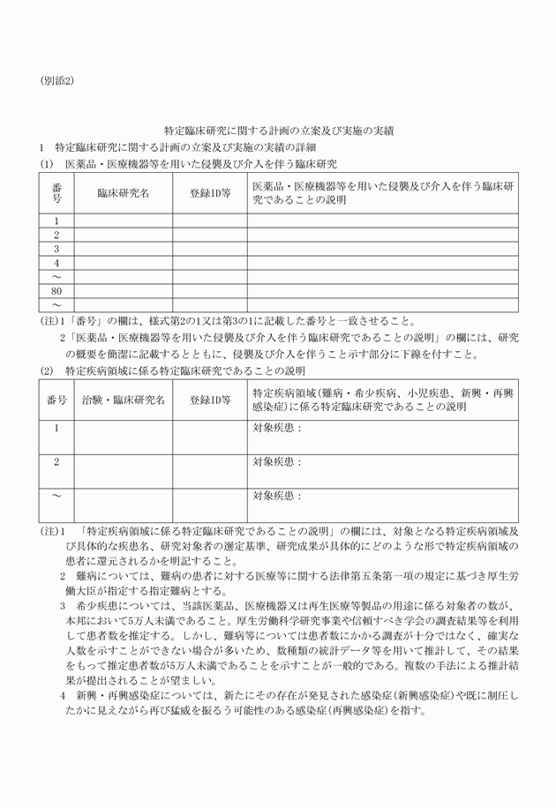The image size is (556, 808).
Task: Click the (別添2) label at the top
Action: pyautogui.click(x=56, y=80)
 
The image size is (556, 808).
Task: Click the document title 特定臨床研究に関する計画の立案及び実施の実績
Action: pyautogui.click(x=279, y=130)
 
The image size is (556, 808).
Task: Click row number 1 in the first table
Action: pyautogui.click(x=56, y=221)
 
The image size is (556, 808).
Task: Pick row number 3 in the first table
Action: pyautogui.click(x=56, y=249)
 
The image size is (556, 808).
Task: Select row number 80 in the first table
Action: pyautogui.click(x=56, y=291)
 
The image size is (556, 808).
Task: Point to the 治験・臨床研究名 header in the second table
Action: pyautogui.click(x=123, y=400)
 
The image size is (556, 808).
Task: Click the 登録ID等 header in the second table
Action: pyautogui.click(x=210, y=400)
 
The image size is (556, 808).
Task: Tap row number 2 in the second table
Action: pyautogui.click(x=56, y=461)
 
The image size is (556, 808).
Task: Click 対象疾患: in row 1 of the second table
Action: pyautogui.click(x=276, y=428)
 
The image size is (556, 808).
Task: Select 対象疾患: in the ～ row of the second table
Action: pyautogui.click(x=276, y=496)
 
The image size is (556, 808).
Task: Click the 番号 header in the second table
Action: pyautogui.click(x=56, y=400)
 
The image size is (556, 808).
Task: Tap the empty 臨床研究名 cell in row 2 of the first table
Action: pyautogui.click(x=123, y=235)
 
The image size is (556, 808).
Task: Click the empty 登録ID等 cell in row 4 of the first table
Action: pyautogui.click(x=210, y=263)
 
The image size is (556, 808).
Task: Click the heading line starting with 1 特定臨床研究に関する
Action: pyautogui.click(x=177, y=146)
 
